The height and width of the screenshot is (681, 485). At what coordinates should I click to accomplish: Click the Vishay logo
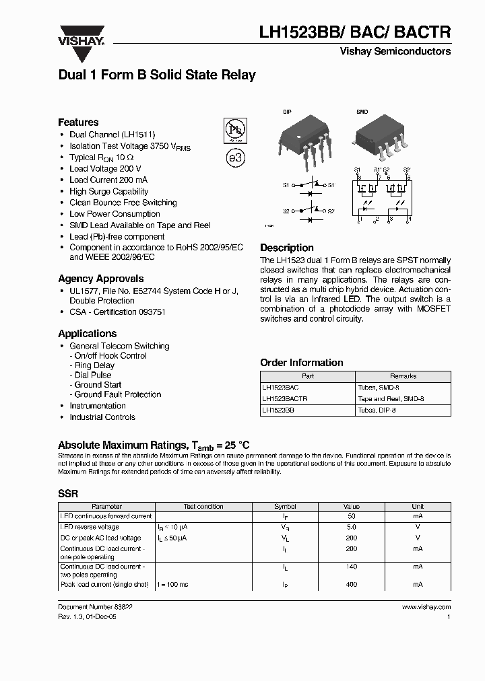tap(80, 35)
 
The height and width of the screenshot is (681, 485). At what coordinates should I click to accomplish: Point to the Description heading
tap(287, 248)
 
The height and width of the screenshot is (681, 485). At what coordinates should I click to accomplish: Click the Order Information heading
tap(302, 363)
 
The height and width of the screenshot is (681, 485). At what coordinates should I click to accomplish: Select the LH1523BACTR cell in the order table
tap(285, 398)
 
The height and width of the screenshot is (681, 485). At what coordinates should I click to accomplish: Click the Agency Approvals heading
tap(100, 279)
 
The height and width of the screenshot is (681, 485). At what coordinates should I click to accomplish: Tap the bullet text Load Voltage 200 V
tap(105, 169)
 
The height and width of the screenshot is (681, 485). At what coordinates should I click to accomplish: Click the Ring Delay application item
tap(94, 365)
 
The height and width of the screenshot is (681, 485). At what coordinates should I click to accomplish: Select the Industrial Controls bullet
tap(102, 417)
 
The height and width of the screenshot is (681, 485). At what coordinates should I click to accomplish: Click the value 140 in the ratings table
tap(351, 567)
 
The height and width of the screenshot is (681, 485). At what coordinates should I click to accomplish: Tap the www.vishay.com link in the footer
tap(426, 607)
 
